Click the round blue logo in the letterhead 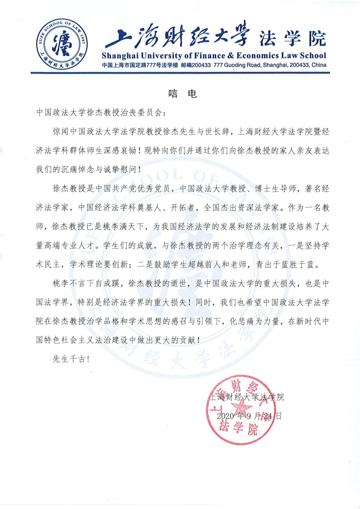62,45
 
